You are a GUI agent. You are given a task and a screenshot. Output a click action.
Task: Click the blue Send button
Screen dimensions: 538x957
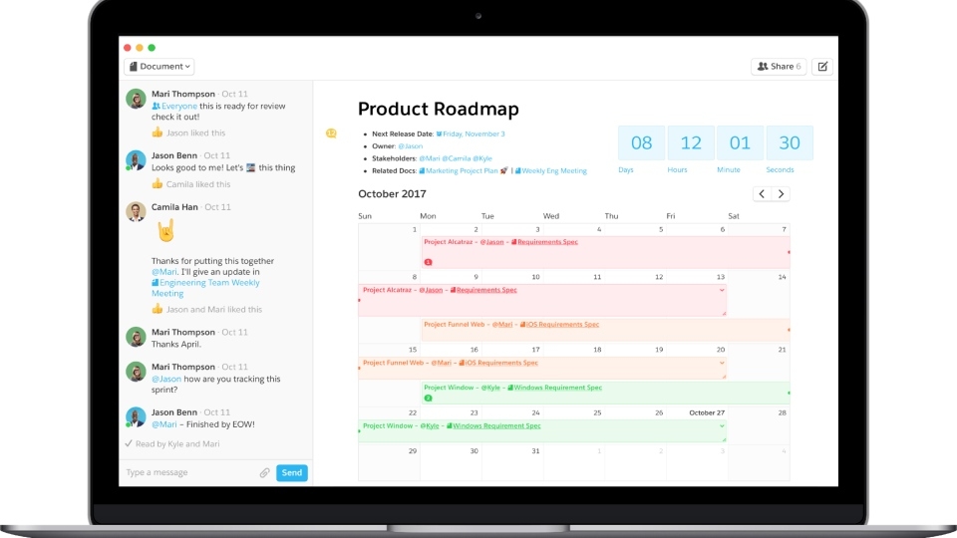tap(292, 473)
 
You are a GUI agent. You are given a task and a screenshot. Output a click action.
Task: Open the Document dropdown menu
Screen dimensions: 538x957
tap(159, 67)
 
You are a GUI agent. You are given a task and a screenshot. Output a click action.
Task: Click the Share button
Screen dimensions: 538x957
tap(779, 67)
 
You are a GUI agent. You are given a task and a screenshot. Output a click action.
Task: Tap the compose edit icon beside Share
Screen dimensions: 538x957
tap(821, 67)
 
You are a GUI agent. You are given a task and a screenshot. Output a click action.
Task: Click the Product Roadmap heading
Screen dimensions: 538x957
tap(439, 109)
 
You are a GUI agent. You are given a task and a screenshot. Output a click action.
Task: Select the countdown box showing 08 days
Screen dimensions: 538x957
tap(641, 143)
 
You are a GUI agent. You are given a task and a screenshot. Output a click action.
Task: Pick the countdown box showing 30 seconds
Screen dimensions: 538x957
tap(790, 143)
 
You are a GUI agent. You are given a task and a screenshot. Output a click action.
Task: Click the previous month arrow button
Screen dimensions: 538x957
tap(762, 194)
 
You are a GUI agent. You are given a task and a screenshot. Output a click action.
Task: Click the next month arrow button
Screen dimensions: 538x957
tap(781, 194)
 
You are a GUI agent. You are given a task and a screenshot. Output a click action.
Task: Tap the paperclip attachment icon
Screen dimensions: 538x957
tap(265, 473)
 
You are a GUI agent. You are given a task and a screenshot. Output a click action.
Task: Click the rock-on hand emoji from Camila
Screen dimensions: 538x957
tap(165, 231)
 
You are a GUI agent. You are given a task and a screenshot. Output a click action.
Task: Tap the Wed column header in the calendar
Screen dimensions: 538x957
tap(551, 216)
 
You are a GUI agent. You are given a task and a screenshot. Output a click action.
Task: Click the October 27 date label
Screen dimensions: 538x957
tap(707, 412)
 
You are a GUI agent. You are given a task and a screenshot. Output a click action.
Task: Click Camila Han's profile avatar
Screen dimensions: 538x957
tap(137, 211)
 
